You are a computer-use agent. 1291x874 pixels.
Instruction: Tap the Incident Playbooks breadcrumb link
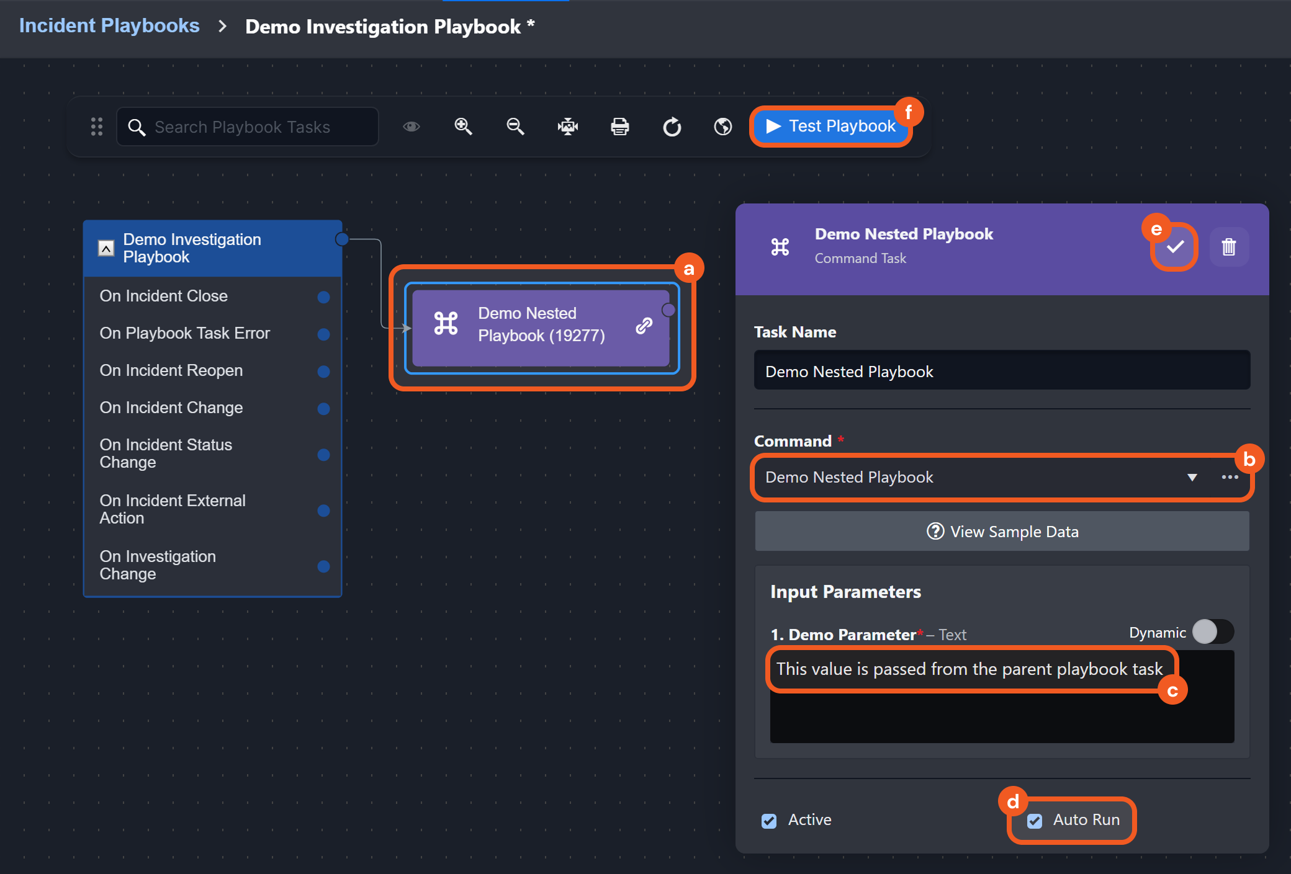click(109, 26)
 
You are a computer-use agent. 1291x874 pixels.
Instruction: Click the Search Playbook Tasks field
click(248, 127)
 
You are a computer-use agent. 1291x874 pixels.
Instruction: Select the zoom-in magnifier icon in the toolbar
click(463, 127)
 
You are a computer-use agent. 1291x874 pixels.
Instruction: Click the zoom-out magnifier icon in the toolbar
click(515, 127)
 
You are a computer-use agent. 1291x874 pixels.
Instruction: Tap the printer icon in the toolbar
click(619, 127)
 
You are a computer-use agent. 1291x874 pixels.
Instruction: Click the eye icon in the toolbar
click(412, 127)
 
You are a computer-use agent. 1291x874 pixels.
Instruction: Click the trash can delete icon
click(1229, 247)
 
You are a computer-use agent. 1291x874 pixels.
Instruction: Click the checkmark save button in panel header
click(1175, 247)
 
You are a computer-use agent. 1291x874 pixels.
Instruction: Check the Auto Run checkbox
click(1035, 821)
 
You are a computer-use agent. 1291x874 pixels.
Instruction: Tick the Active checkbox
click(769, 821)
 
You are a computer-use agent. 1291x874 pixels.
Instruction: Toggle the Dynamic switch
click(1213, 632)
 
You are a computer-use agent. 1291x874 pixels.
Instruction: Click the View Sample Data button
click(1002, 532)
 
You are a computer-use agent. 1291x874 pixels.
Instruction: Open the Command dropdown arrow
click(1192, 478)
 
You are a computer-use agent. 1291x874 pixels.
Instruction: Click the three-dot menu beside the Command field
click(1230, 477)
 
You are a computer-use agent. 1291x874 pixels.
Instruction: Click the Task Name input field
click(1002, 371)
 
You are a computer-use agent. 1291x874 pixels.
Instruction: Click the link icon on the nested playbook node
click(644, 325)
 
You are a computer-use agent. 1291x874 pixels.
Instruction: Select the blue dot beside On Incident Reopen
click(323, 372)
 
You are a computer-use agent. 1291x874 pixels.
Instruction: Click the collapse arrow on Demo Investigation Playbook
click(106, 249)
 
